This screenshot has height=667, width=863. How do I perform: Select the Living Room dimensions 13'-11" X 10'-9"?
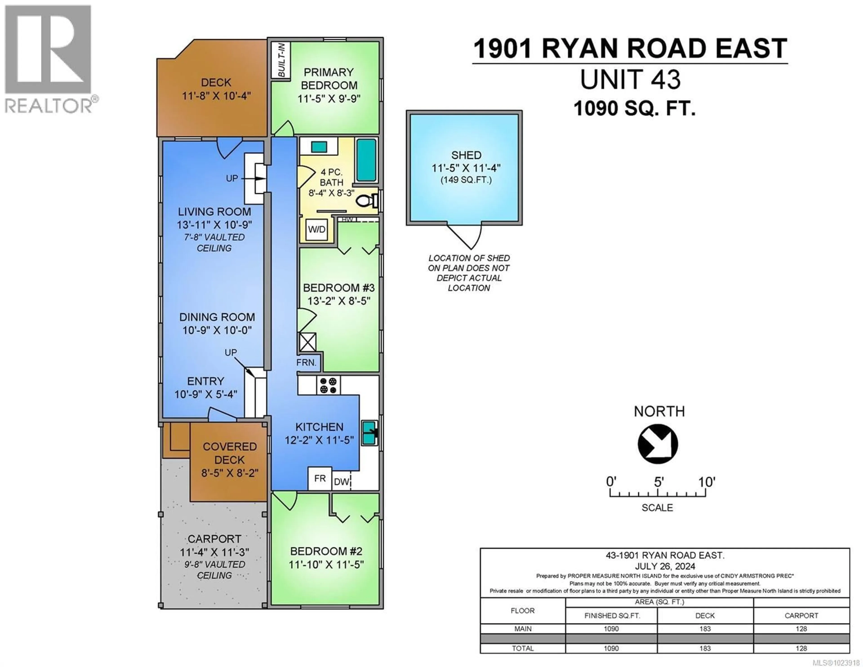[x=214, y=225]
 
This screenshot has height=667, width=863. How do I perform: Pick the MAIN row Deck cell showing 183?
[x=705, y=629]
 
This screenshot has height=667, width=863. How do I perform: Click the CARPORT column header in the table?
[x=801, y=616]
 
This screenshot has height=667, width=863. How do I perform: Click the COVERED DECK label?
[x=230, y=453]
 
